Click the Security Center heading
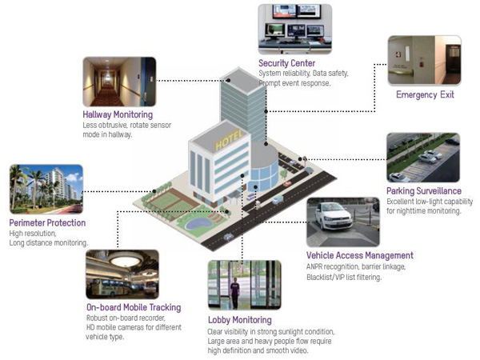click(287, 63)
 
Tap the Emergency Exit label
click(425, 94)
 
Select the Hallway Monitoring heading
click(118, 114)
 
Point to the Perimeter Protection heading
click(47, 223)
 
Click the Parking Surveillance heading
click(424, 191)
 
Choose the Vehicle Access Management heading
click(360, 255)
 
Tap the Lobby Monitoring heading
click(240, 320)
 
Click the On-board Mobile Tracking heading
click(134, 307)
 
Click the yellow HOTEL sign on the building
click(229, 140)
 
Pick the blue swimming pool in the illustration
click(198, 223)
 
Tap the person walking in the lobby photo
click(234, 293)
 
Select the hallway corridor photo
click(119, 82)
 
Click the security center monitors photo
click(295, 29)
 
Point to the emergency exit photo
click(425, 60)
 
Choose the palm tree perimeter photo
click(46, 189)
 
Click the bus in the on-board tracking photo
click(110, 287)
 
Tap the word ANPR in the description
click(314, 267)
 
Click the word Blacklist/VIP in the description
click(326, 278)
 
